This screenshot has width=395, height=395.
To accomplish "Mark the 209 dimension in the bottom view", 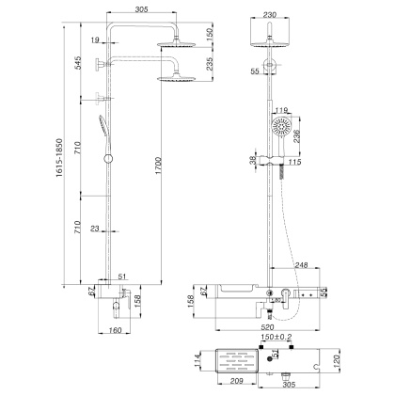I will coord(240,385).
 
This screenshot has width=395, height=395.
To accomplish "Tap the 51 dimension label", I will coord(123,276).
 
